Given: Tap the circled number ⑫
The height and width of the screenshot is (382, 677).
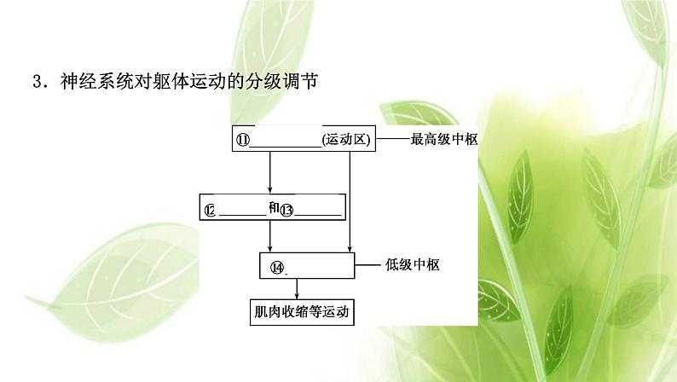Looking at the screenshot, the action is [210, 209].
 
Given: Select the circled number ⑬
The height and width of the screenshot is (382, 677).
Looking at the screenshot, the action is [286, 209].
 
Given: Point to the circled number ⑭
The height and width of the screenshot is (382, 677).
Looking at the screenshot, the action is [276, 266].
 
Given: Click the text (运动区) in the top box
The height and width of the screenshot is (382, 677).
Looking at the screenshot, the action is [346, 141].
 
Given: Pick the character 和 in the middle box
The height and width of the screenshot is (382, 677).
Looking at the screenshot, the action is [273, 207].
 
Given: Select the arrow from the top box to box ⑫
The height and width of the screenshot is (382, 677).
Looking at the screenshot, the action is [270, 173].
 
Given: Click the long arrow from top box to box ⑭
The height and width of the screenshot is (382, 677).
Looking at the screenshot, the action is [350, 200].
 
